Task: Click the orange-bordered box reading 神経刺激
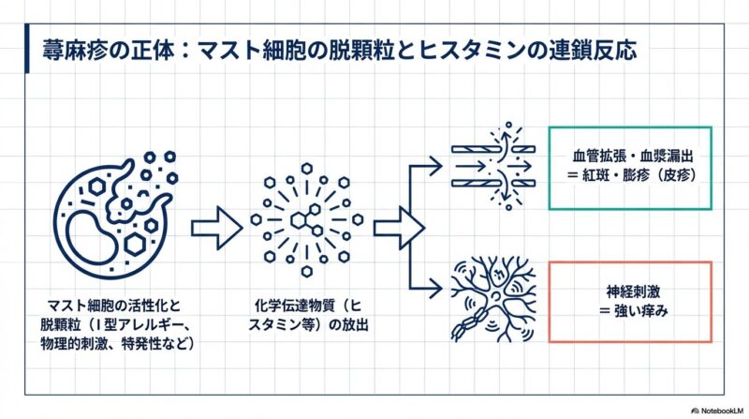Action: coord(630,301)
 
